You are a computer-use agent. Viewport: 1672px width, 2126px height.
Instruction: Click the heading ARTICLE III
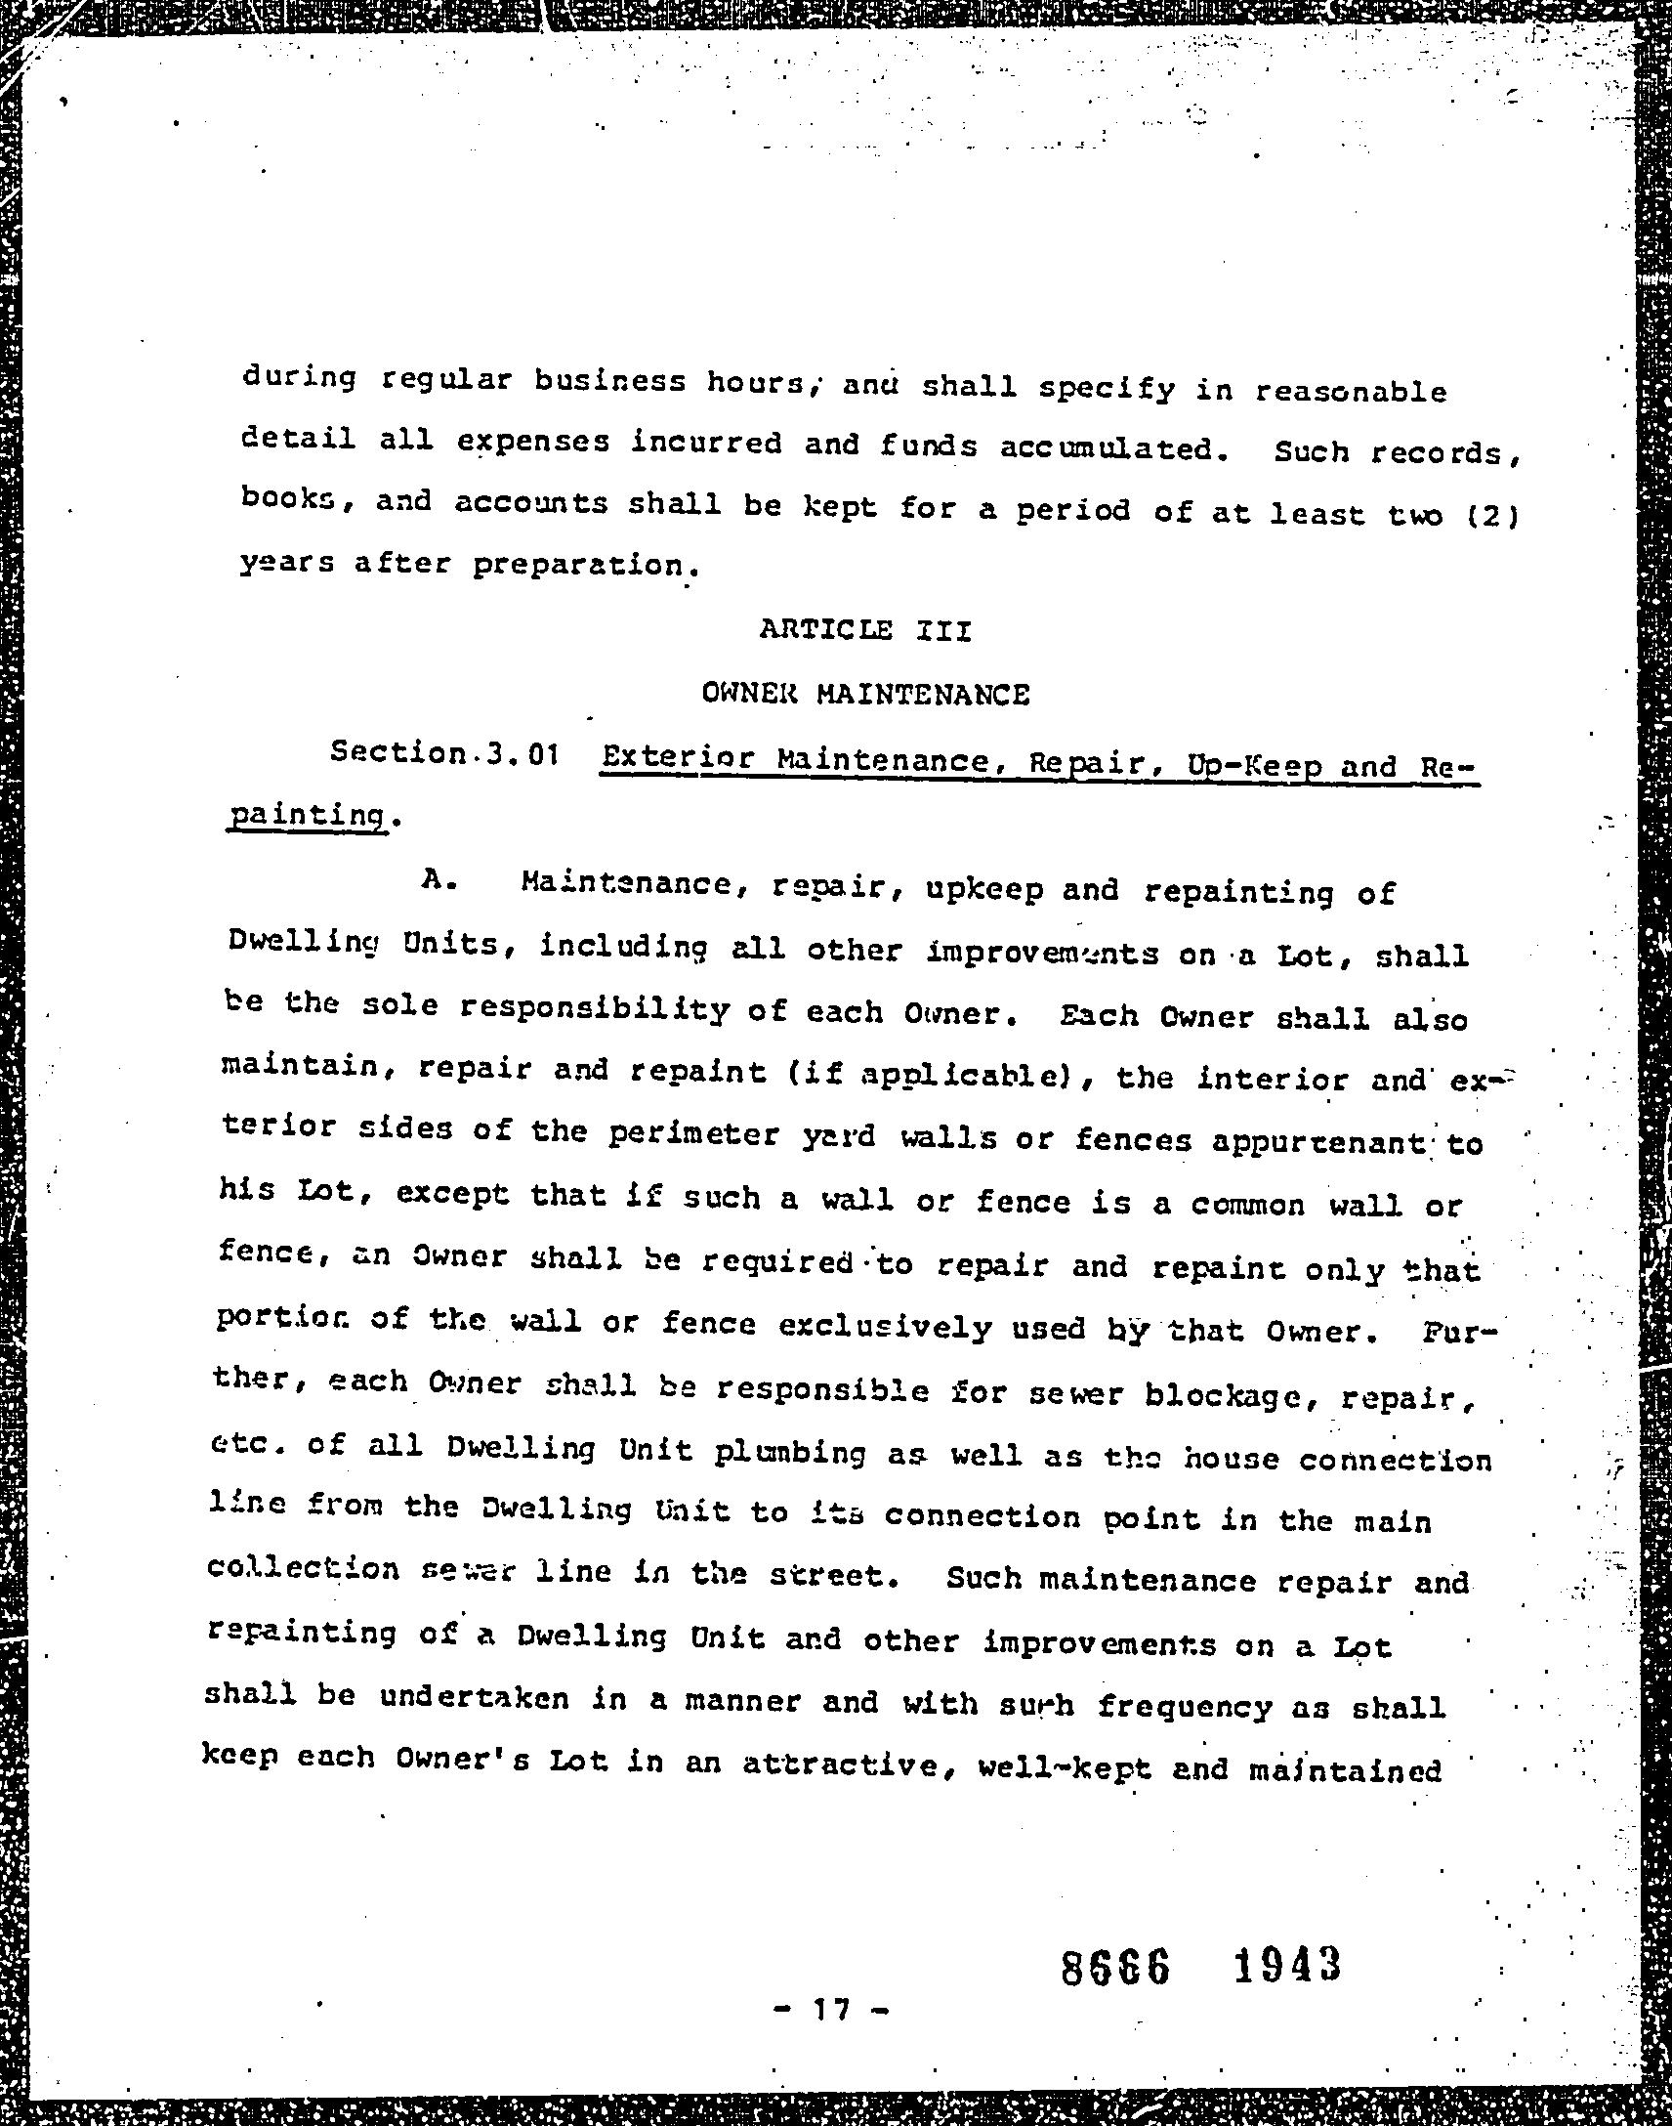pos(865,629)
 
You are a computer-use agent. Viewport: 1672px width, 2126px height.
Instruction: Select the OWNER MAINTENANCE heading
pos(865,695)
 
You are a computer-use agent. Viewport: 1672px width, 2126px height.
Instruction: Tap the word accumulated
pos(1112,448)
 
